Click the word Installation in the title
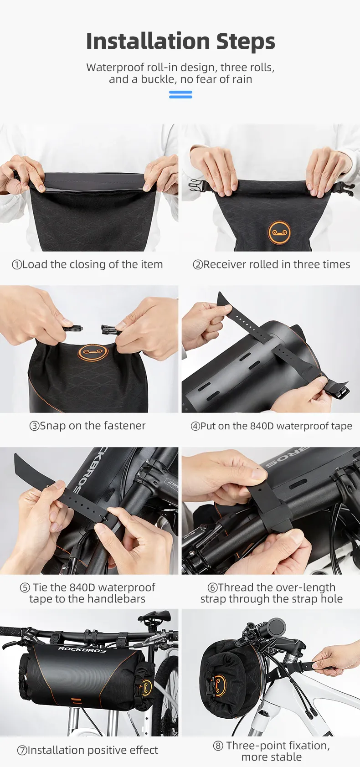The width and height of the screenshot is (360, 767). click(148, 41)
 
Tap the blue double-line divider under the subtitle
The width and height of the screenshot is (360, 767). click(180, 94)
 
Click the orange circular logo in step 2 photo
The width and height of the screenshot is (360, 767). click(279, 232)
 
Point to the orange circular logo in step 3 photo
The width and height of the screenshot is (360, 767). click(93, 352)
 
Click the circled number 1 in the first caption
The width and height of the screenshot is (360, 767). click(17, 265)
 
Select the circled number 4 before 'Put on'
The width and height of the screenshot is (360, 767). click(195, 426)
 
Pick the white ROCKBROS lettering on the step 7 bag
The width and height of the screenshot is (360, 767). click(82, 649)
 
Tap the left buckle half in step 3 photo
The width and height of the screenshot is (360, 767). click(72, 328)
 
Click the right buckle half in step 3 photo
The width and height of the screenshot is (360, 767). click(110, 329)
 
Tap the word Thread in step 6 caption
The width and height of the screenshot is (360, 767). click(236, 587)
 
